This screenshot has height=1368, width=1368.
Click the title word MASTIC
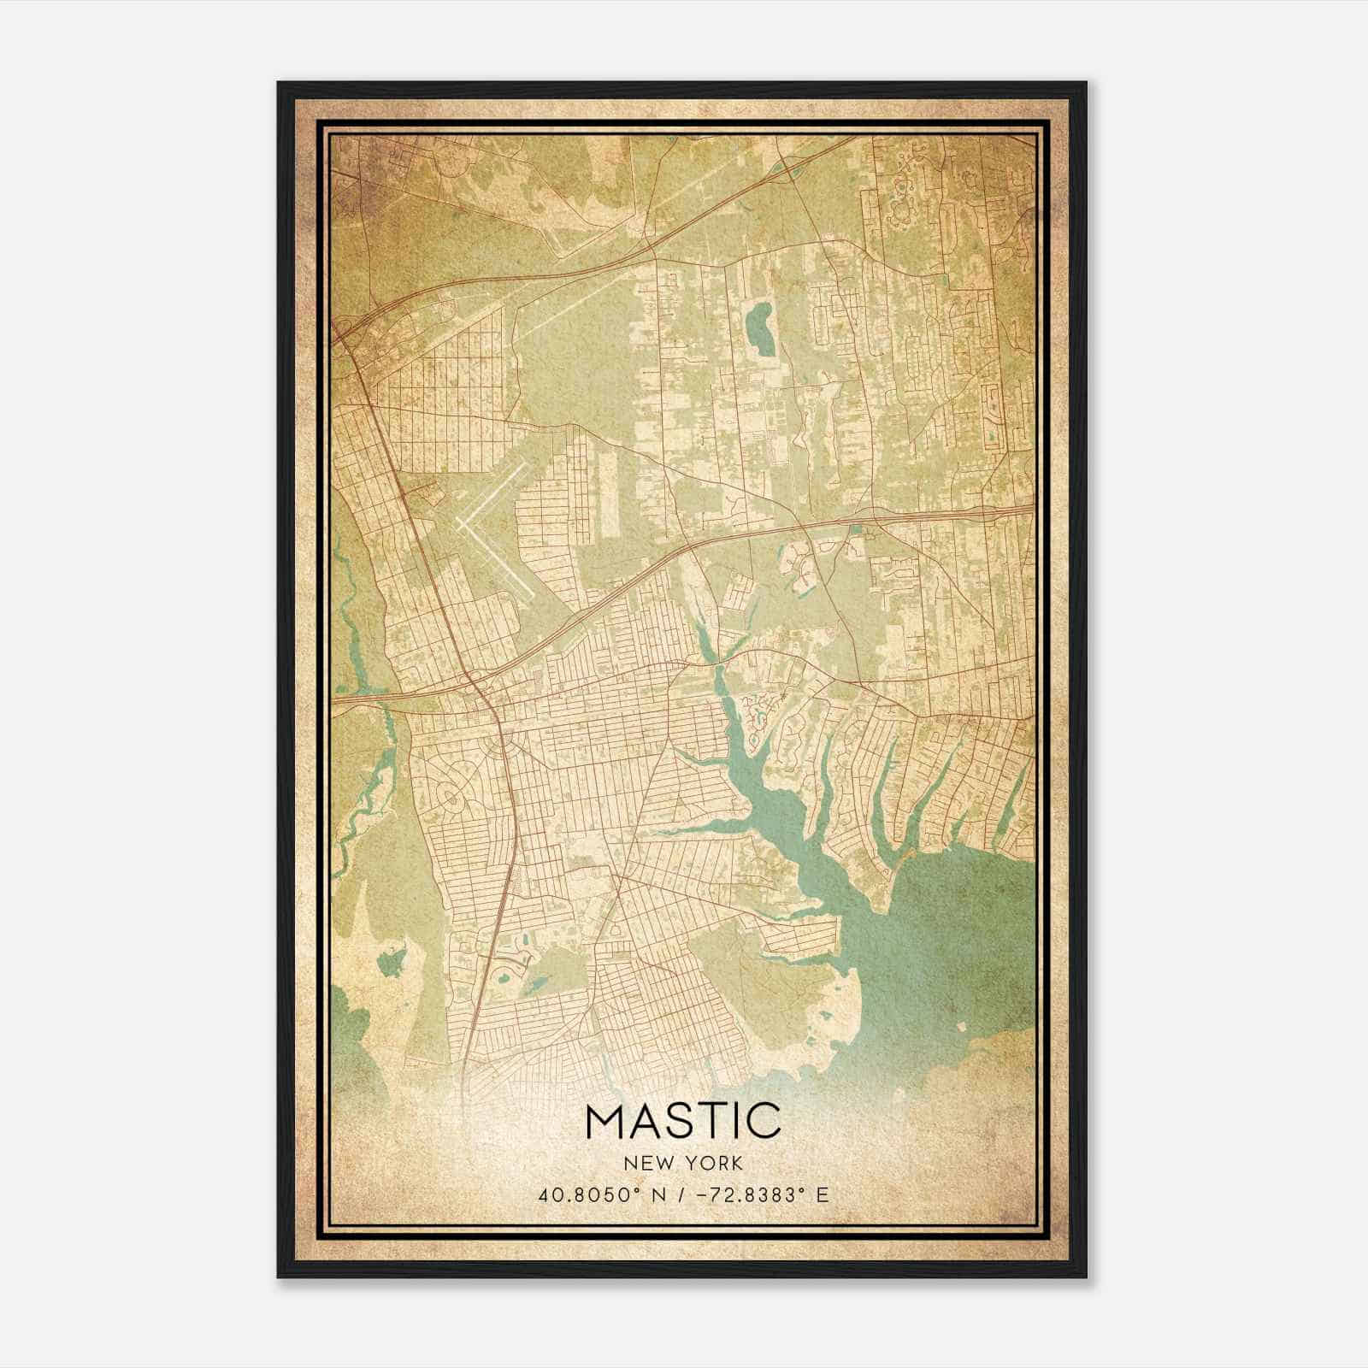click(683, 1121)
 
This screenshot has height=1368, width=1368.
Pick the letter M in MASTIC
click(607, 1121)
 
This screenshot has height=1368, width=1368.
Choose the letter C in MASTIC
click(764, 1121)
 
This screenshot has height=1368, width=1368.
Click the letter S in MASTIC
click(684, 1121)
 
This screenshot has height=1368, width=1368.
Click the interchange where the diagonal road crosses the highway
click(473, 681)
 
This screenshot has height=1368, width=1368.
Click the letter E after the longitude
click(822, 1195)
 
